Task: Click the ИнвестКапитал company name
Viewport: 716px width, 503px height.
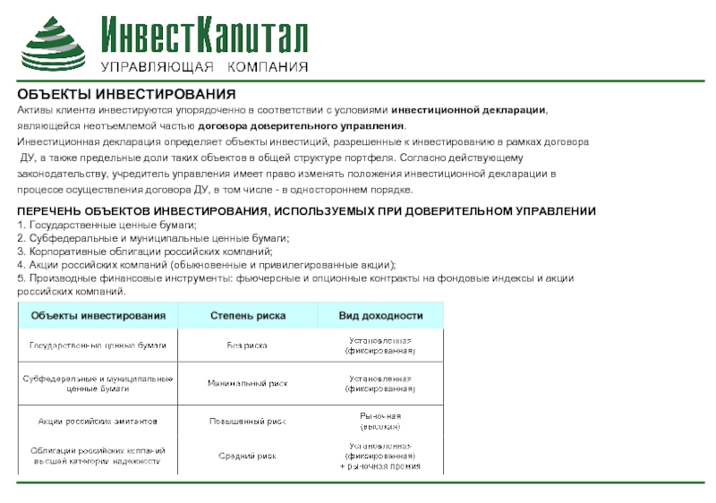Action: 204,35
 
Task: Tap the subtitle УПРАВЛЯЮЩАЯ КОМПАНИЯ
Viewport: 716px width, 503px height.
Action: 204,68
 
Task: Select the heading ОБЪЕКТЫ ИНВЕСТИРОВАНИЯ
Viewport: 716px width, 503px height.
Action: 126,95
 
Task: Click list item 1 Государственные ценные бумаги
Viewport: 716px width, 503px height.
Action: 107,224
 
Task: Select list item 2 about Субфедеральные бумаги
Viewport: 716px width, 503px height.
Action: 153,238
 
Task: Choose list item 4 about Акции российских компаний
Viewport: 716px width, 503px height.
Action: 206,265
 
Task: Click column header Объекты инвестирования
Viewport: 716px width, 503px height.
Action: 98,316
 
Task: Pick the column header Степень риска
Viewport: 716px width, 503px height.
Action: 248,316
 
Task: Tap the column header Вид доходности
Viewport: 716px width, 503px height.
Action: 380,316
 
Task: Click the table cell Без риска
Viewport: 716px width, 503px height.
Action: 247,345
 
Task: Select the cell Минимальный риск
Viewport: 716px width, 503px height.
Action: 247,383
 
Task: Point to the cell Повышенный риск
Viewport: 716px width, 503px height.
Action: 248,420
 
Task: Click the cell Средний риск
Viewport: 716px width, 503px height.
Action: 248,456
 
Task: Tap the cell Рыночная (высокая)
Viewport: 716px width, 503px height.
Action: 380,421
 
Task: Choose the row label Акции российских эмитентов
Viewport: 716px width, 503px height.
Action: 98,420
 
